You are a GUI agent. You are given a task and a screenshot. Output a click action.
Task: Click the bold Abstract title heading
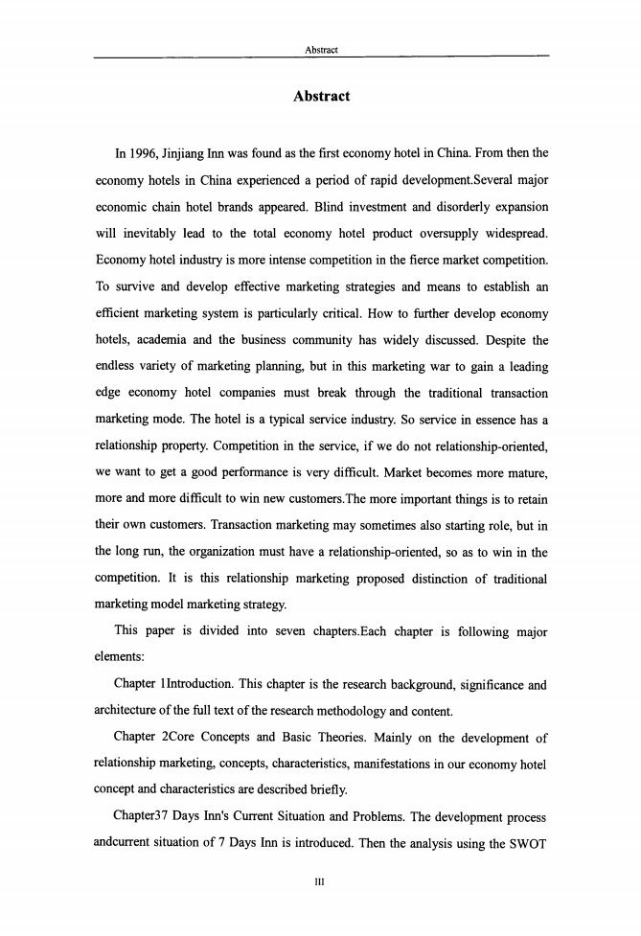coord(320,96)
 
